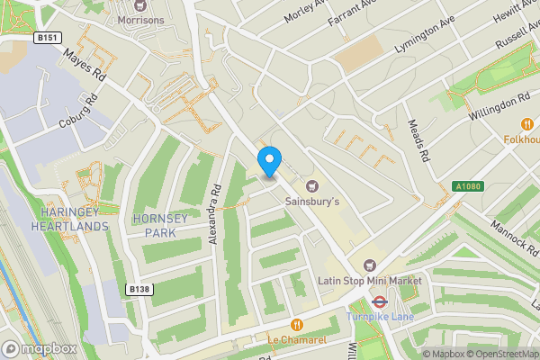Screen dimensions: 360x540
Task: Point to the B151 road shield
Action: pyautogui.click(x=49, y=38)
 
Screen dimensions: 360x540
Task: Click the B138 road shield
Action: pyautogui.click(x=138, y=289)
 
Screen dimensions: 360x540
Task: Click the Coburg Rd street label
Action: pyautogui.click(x=76, y=113)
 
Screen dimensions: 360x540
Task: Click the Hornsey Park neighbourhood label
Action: pyautogui.click(x=163, y=225)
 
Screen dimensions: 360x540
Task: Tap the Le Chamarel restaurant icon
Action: pyautogui.click(x=296, y=324)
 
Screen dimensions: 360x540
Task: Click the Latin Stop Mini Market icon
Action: pyautogui.click(x=369, y=265)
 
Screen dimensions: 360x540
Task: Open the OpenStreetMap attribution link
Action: pyautogui.click(x=499, y=354)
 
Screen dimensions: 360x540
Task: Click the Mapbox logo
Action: pyautogui.click(x=40, y=348)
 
